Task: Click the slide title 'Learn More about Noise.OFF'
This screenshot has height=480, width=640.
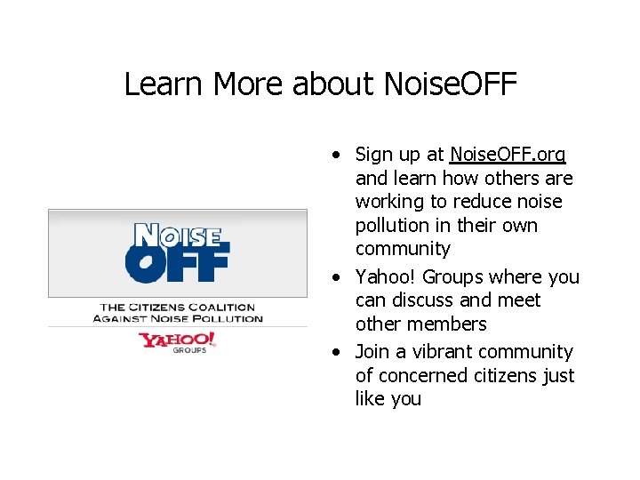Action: point(320,84)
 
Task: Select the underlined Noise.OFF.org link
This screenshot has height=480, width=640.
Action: point(508,155)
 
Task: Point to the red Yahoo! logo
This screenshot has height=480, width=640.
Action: point(177,340)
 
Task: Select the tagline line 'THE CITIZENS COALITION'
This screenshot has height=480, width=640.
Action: point(177,308)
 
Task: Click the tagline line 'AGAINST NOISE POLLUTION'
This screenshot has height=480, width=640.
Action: point(178,318)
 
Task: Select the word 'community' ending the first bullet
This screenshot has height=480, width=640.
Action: point(403,249)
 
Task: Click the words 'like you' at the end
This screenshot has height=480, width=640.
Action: point(388,399)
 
